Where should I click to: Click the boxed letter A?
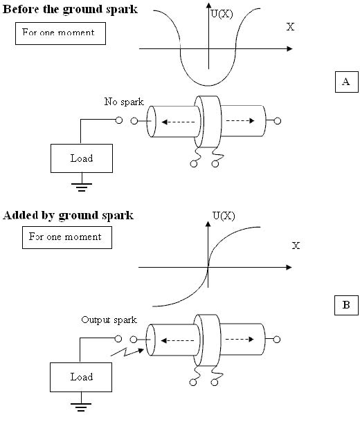(x=346, y=82)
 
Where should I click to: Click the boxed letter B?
(x=346, y=305)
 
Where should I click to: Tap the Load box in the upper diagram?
(x=82, y=158)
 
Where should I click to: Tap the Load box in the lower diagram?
(x=81, y=377)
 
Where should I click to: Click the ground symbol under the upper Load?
(x=82, y=187)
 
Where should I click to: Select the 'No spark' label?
(x=124, y=102)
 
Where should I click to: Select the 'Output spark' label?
(x=109, y=320)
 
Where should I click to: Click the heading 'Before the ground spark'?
(x=70, y=10)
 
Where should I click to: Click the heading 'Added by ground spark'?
(x=69, y=216)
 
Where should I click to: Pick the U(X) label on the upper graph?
(x=222, y=14)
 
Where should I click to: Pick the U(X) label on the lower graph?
(x=224, y=216)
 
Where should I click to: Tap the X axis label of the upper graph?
(x=290, y=27)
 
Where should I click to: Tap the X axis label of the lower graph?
(x=296, y=246)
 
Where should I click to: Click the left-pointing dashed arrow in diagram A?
(x=178, y=122)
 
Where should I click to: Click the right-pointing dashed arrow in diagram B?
(x=240, y=339)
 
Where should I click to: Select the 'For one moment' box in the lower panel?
(x=67, y=237)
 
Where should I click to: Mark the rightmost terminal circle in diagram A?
(x=278, y=121)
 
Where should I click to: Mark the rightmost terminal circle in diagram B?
(x=277, y=340)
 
